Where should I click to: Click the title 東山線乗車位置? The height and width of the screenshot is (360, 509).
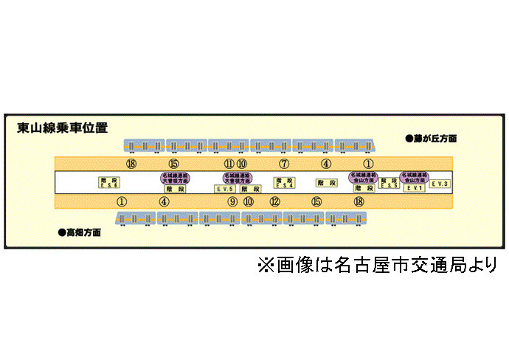tap(62, 128)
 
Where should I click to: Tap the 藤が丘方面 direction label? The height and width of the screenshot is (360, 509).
tap(432, 138)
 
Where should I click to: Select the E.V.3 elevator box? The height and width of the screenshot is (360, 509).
tap(440, 183)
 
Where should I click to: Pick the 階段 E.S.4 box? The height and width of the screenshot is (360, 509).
tap(285, 182)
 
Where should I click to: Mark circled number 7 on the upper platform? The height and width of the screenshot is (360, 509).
tap(284, 164)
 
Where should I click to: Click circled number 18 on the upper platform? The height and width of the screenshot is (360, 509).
tap(131, 164)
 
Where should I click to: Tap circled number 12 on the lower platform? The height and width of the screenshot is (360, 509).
tap(274, 201)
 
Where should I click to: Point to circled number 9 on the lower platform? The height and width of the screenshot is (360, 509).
tap(232, 201)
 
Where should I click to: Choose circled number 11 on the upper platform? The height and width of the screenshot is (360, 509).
tap(229, 164)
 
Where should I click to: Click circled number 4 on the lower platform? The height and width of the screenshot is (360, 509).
tap(165, 201)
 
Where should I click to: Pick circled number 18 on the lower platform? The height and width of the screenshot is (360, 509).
tap(359, 201)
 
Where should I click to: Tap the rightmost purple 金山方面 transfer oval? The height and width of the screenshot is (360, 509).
tap(414, 177)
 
